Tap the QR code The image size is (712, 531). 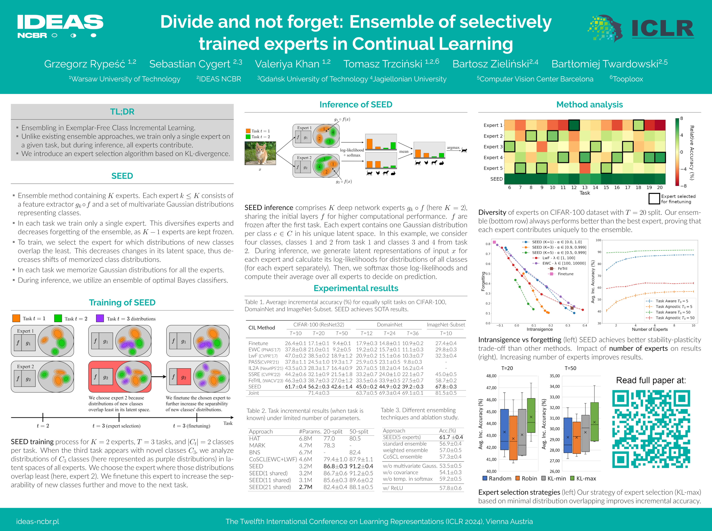pos(651,429)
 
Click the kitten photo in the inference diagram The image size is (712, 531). pos(260,153)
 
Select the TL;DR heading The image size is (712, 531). pos(122,112)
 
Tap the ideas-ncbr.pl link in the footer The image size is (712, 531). pos(38,521)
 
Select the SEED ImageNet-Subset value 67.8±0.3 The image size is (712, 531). pos(446,387)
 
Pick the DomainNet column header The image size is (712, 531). pos(390,325)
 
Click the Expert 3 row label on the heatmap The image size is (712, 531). pos(493,147)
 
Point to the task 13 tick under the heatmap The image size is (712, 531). pos(585,187)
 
